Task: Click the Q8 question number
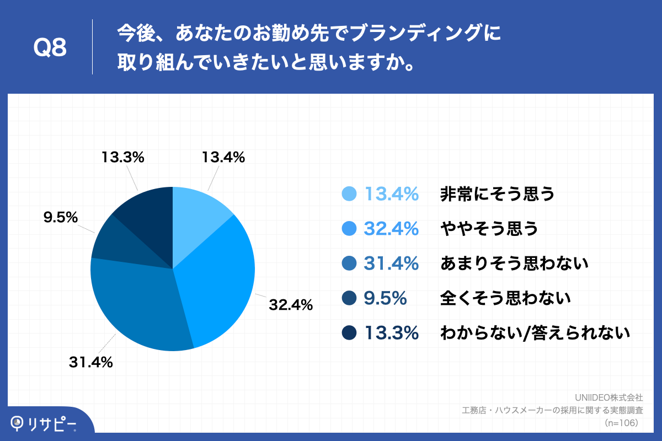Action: click(50, 49)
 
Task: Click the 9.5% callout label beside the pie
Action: click(60, 218)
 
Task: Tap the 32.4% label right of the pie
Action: click(291, 304)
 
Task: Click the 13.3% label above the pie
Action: click(122, 158)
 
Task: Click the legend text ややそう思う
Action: click(489, 229)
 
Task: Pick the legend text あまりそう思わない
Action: click(514, 264)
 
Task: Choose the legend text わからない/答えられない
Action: click(535, 333)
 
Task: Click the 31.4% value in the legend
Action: click(391, 264)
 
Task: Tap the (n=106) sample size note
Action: click(621, 423)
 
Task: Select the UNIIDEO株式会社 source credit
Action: click(608, 397)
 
